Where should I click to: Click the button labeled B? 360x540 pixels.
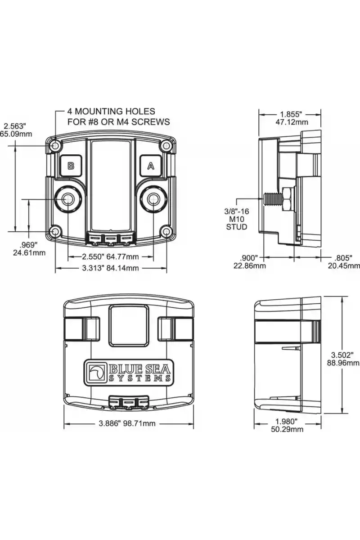pos(71,166)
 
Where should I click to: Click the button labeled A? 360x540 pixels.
pos(151,166)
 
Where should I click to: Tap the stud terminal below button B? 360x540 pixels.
pos(68,199)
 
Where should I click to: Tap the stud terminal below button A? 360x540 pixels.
pos(153,199)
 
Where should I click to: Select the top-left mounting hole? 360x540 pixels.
pos(56,145)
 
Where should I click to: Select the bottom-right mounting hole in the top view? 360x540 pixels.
pos(166,231)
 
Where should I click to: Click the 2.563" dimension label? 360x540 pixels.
pos(15,126)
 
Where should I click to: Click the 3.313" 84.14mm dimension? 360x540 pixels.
pos(110,268)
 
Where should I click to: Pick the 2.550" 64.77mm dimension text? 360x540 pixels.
pos(110,256)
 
